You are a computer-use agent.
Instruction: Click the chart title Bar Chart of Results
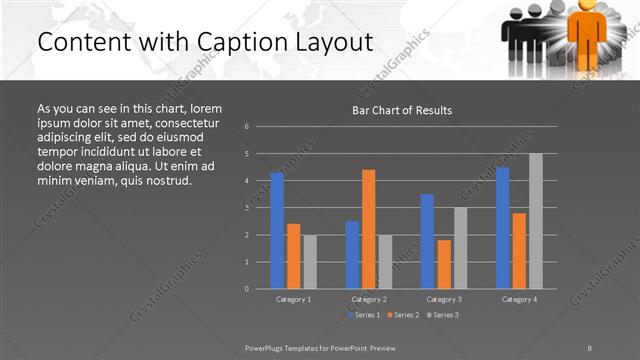[x=402, y=110]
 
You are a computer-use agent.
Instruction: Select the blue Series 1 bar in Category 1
[x=277, y=230]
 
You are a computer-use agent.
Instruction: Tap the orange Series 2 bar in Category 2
[x=369, y=229]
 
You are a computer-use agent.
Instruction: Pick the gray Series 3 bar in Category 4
[x=536, y=221]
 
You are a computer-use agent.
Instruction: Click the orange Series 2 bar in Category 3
[x=444, y=264]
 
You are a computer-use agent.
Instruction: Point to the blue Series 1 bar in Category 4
[x=503, y=227]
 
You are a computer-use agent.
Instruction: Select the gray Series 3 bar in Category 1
[x=310, y=261]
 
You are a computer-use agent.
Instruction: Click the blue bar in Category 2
[x=352, y=254]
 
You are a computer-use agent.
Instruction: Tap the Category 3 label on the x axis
[x=444, y=299]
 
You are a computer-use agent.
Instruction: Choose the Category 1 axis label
[x=293, y=299]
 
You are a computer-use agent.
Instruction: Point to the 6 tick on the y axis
[x=246, y=127]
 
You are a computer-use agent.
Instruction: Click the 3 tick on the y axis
[x=246, y=208]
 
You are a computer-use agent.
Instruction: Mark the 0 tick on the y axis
[x=246, y=289]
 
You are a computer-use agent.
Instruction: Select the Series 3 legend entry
[x=443, y=315]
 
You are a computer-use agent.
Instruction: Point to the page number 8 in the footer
[x=590, y=346]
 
